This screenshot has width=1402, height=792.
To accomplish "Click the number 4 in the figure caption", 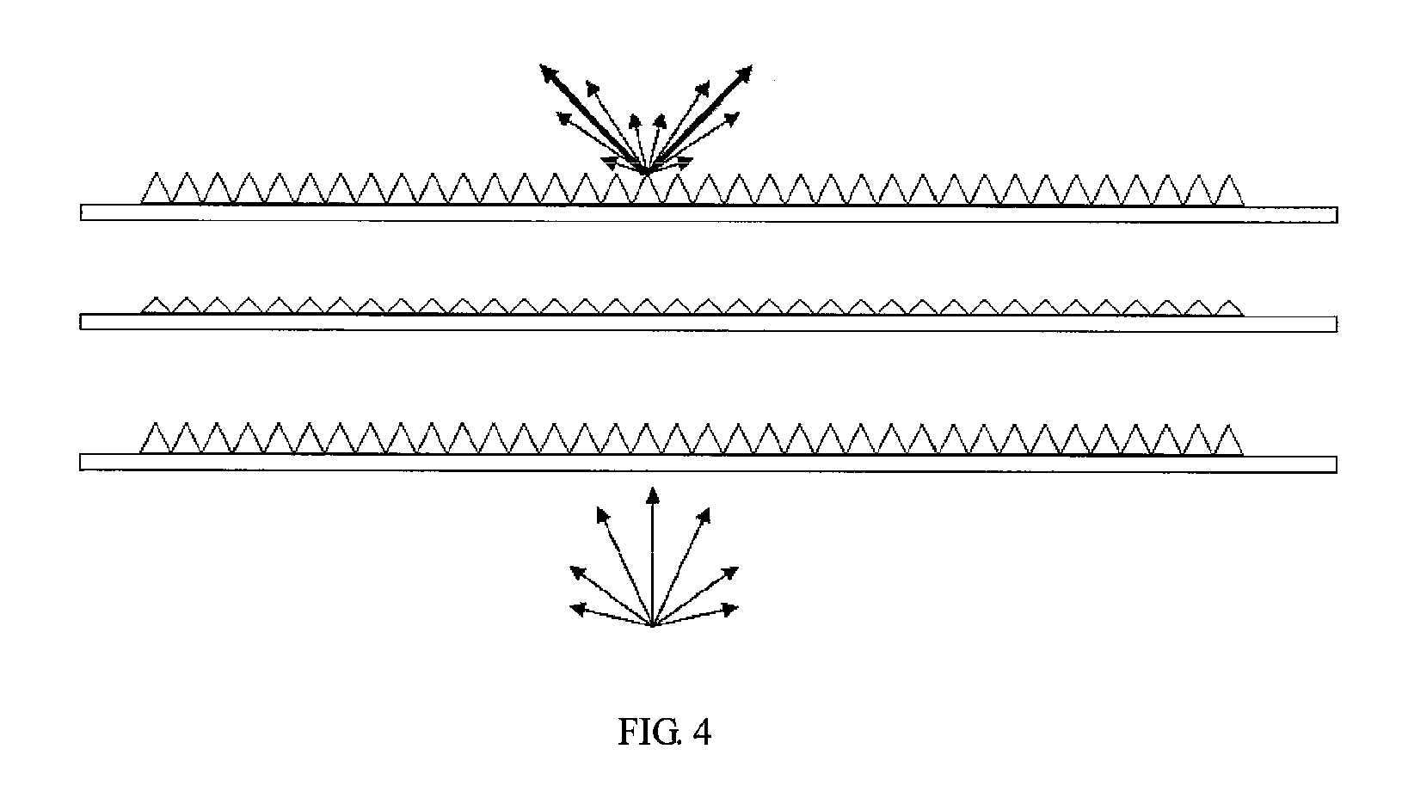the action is tap(702, 732).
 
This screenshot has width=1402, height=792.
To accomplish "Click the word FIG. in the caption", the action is tap(649, 732).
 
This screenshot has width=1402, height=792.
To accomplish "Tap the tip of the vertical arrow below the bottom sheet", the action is tap(653, 488).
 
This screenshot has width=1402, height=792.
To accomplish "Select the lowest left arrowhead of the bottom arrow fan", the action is tap(577, 609).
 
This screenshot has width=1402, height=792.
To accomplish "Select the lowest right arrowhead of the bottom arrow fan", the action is tap(729, 609).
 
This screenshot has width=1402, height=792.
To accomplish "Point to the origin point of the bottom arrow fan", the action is tap(653, 624).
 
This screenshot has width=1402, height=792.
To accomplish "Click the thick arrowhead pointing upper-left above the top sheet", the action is tap(550, 74).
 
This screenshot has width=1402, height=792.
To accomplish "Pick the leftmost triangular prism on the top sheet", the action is tap(156, 188).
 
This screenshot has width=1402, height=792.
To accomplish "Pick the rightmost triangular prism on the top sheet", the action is tap(1228, 190).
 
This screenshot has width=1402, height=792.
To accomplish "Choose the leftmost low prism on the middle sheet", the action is tap(156, 305).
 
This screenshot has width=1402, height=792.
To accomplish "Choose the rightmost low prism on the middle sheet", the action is tap(1228, 309).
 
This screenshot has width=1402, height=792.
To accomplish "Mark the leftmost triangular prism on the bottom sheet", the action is tap(155, 438).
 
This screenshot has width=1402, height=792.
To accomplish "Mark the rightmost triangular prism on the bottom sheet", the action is tap(1228, 439).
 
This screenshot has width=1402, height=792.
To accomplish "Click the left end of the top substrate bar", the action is tap(81, 212).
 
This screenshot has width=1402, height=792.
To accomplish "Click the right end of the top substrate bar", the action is tap(1337, 215).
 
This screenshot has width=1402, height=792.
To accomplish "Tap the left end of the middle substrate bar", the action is tap(81, 321).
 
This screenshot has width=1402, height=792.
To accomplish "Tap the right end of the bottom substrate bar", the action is tap(1337, 465).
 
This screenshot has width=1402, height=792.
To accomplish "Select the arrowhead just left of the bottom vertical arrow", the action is tap(603, 515).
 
